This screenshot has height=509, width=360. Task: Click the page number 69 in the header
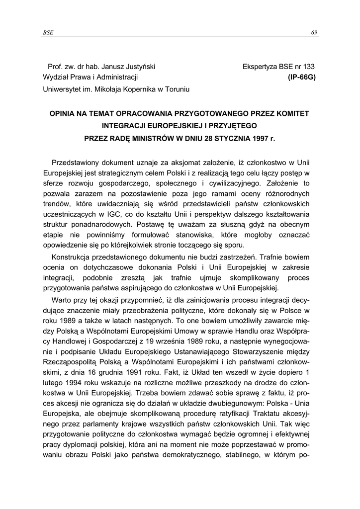(x=314, y=33)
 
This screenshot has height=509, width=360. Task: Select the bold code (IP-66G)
(x=302, y=77)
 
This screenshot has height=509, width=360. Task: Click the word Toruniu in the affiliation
(x=177, y=89)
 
